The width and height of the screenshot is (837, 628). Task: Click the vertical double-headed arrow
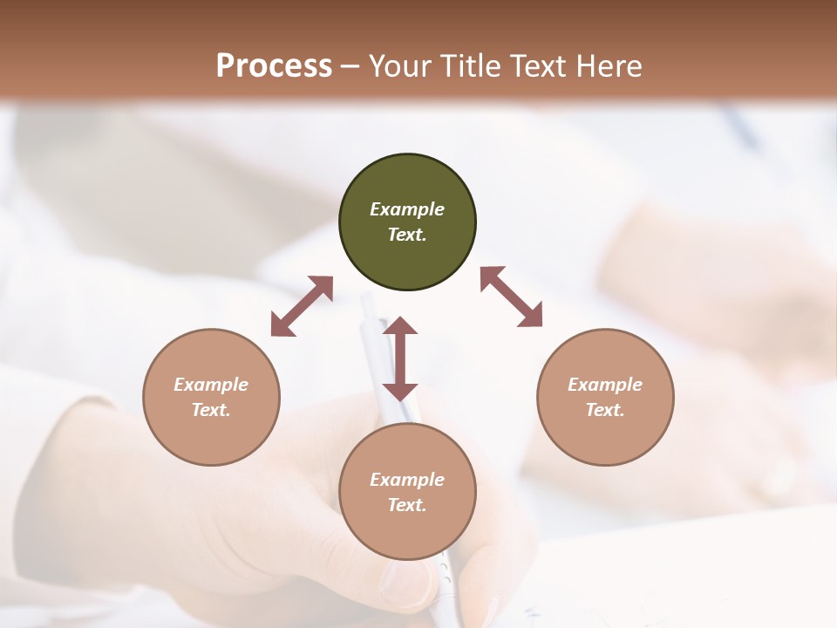tap(400, 358)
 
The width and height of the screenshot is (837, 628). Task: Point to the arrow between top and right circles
tap(512, 297)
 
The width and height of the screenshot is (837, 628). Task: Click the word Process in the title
tap(274, 65)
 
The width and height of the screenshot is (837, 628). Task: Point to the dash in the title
tap(350, 66)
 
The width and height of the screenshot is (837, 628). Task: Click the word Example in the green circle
tap(407, 209)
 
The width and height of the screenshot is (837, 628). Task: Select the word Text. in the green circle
tap(407, 235)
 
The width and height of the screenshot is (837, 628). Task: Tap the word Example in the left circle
tap(211, 385)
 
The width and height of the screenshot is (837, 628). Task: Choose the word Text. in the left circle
tap(211, 410)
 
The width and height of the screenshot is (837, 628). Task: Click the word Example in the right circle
tap(605, 385)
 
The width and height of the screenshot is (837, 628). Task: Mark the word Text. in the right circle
tap(605, 410)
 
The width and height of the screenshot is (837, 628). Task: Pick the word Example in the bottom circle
tap(407, 480)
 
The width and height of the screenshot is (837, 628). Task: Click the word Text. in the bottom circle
tap(407, 505)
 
